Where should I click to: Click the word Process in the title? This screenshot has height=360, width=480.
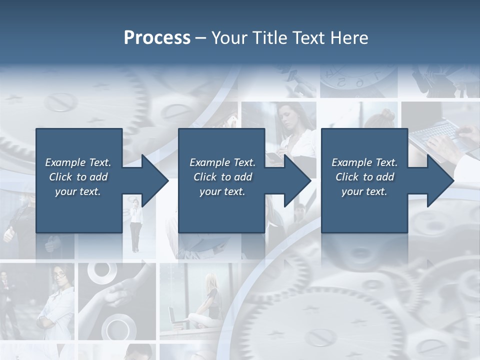point(157,38)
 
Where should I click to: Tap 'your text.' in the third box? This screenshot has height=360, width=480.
point(364,191)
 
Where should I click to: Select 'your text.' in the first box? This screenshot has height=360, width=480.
point(78,191)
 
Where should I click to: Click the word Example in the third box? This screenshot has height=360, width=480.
point(351,162)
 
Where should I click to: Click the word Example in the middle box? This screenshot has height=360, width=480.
point(209,162)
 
